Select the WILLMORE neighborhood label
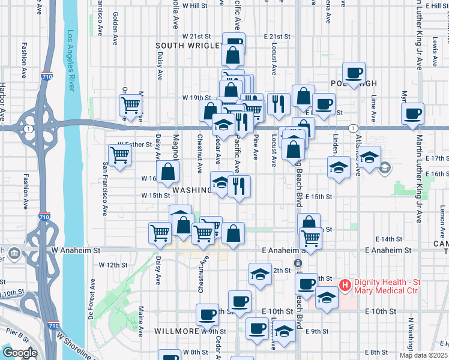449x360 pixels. pyautogui.click(x=176, y=331)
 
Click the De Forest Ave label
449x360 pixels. pyautogui.click(x=93, y=295)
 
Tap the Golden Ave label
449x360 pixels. pyautogui.click(x=115, y=28)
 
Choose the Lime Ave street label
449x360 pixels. pyautogui.click(x=374, y=107)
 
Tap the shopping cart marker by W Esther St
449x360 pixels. pyautogui.click(x=120, y=154)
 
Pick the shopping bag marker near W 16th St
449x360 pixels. pyautogui.click(x=168, y=171)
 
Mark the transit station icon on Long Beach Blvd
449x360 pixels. pyautogui.click(x=297, y=264)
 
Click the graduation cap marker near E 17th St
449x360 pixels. pyautogui.click(x=370, y=157)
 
